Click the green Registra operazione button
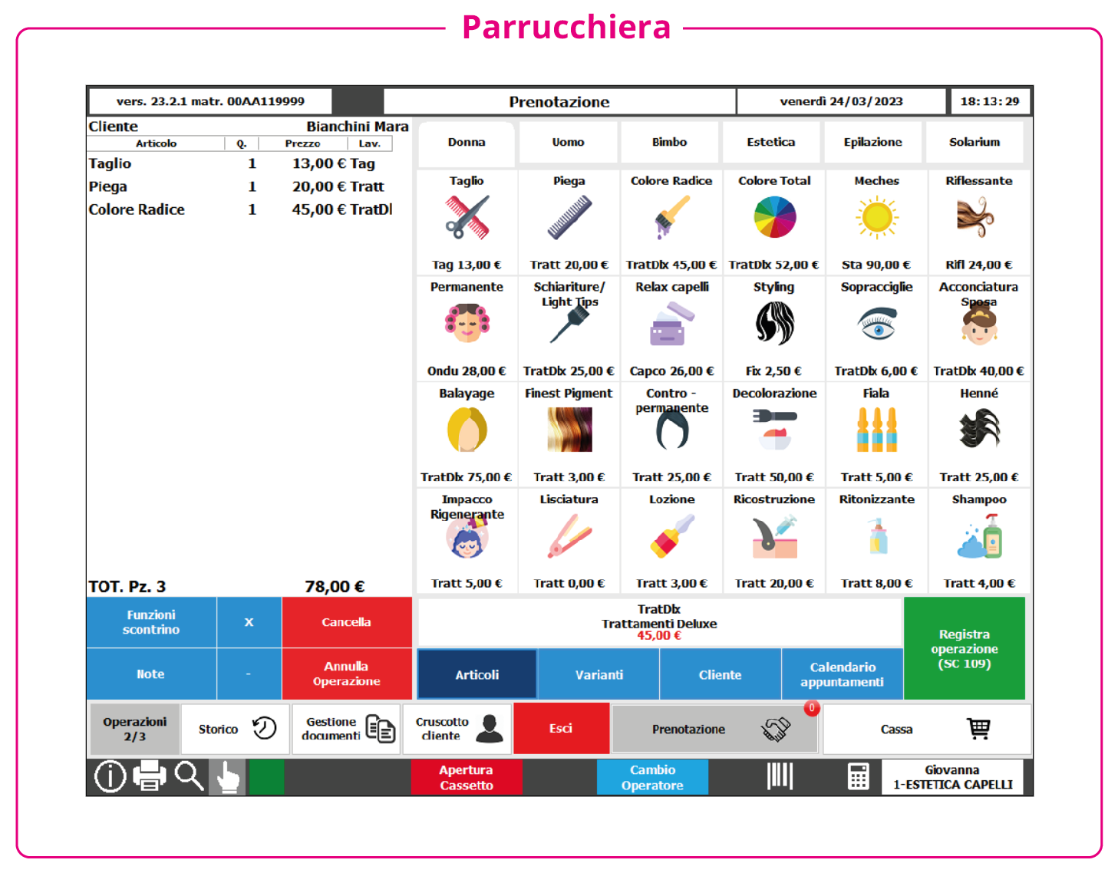pyautogui.click(x=964, y=647)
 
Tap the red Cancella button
pyautogui.click(x=346, y=621)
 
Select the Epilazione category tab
pyautogui.click(x=872, y=142)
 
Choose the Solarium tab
pyautogui.click(x=974, y=142)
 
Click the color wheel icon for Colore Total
pyautogui.click(x=774, y=217)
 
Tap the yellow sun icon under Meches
pyautogui.click(x=877, y=217)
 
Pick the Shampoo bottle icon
pyautogui.click(x=979, y=536)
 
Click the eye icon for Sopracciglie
pyautogui.click(x=877, y=324)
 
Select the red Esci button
pyautogui.click(x=561, y=728)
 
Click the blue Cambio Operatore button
pyautogui.click(x=652, y=777)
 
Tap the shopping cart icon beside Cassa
pyautogui.click(x=978, y=729)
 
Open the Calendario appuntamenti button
pyautogui.click(x=842, y=674)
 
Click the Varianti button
pyautogui.click(x=599, y=674)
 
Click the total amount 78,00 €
pyautogui.click(x=335, y=586)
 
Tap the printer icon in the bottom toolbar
pyautogui.click(x=149, y=776)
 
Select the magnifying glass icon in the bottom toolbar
pyautogui.click(x=189, y=776)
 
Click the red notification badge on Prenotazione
pyautogui.click(x=811, y=708)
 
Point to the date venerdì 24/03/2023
pyautogui.click(x=841, y=101)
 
